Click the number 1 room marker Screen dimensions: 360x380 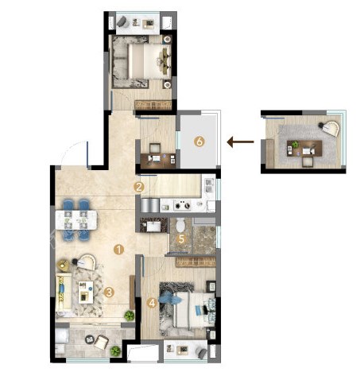[118, 250]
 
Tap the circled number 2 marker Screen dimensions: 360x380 [139, 187]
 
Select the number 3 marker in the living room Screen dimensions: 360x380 [109, 293]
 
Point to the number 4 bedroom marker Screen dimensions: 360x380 [152, 303]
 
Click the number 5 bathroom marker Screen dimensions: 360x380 [181, 239]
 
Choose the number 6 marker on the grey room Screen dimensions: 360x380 [199, 142]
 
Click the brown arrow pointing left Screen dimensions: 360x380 [240, 142]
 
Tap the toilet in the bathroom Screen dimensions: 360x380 [180, 225]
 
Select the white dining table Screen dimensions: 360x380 [76, 220]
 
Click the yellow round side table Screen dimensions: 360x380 [63, 265]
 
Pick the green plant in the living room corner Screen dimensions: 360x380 [130, 316]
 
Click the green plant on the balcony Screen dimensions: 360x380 [115, 351]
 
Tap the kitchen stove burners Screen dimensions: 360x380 [183, 205]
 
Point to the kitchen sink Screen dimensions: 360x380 [209, 185]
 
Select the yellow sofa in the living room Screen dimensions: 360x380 [64, 292]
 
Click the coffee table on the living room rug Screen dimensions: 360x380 [86, 293]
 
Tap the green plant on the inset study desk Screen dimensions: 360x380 [295, 145]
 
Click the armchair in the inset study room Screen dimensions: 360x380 [330, 128]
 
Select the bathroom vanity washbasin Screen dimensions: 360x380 [153, 227]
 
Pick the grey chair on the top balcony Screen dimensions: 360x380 [122, 21]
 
